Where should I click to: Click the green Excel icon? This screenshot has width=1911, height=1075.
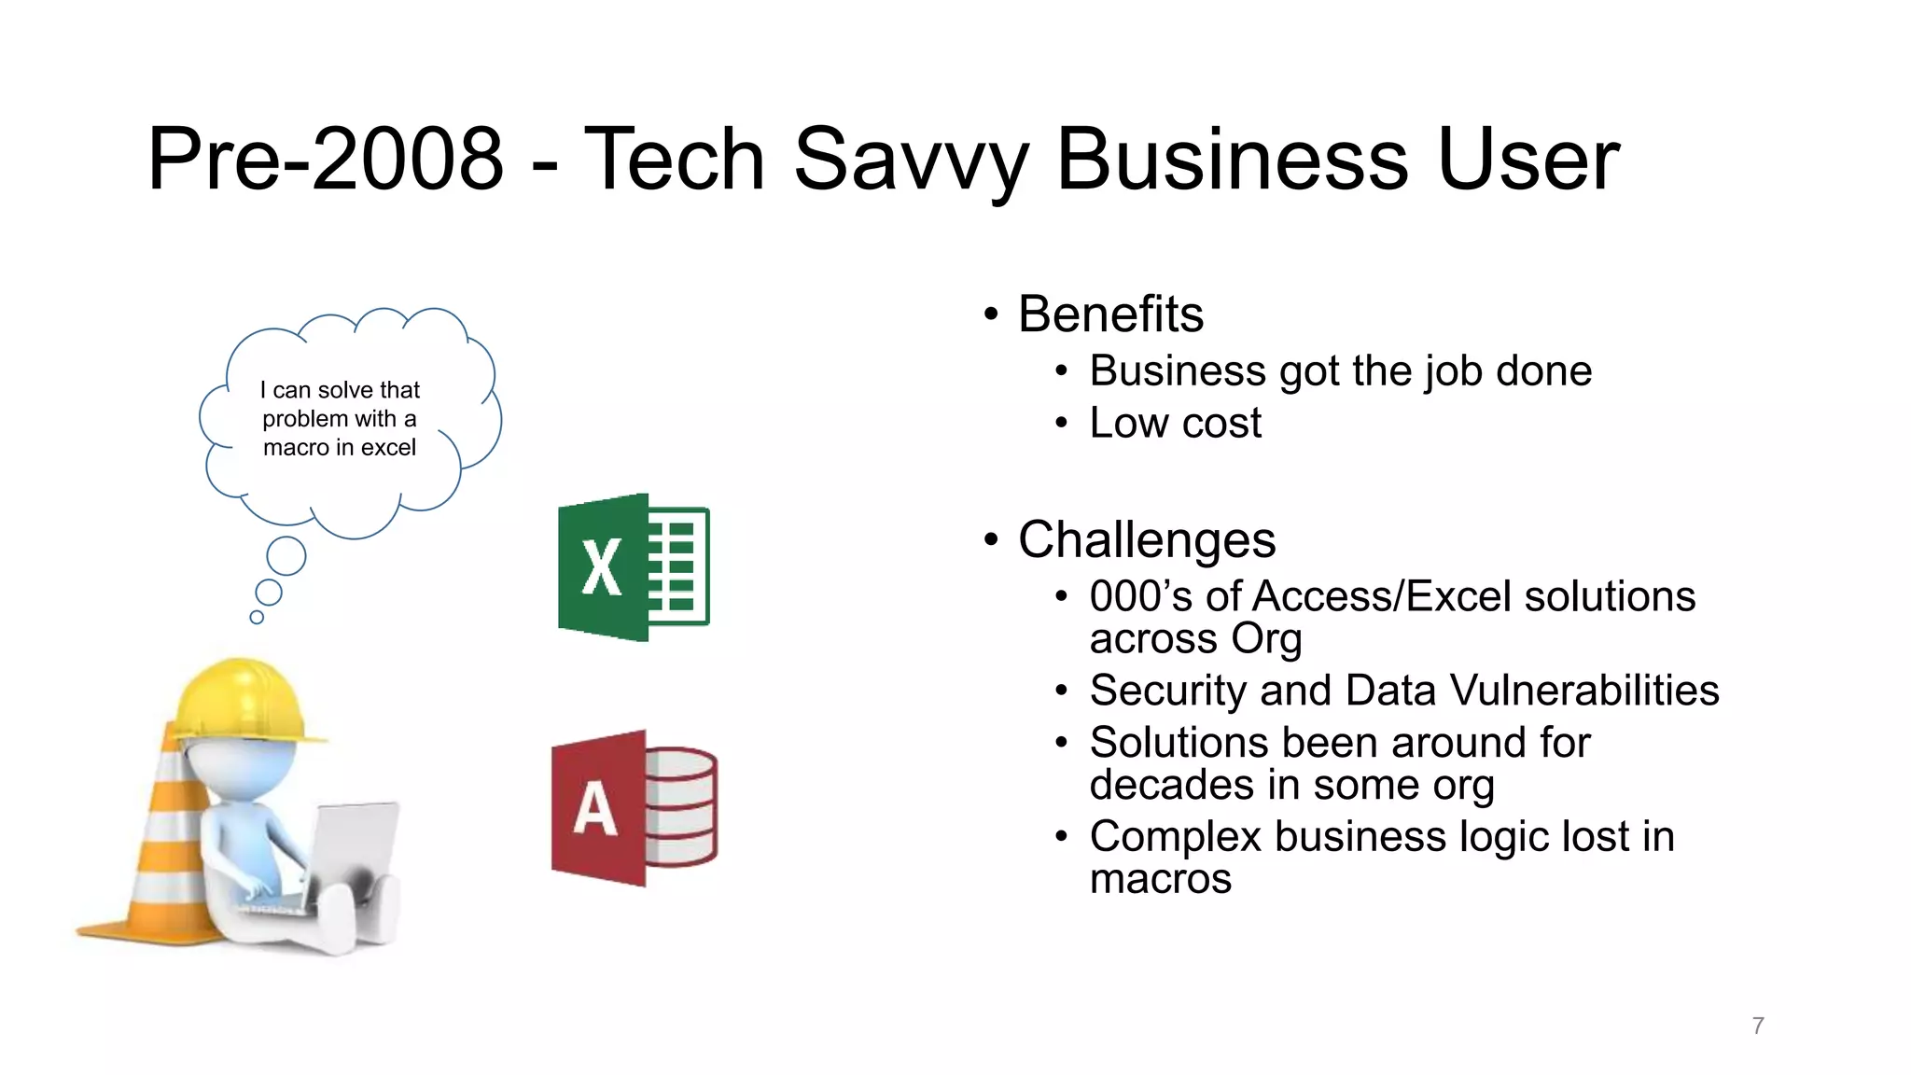pos(633,567)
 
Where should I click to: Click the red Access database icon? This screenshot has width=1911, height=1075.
pos(634,808)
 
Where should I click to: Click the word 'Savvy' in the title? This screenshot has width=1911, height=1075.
pos(910,161)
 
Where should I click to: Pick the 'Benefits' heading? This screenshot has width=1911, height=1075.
pos(1110,314)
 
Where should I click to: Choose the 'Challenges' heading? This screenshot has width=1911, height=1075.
pos(1147,540)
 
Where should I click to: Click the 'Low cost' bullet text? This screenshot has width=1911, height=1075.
pos(1175,424)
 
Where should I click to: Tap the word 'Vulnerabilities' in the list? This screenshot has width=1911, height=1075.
pos(1584,691)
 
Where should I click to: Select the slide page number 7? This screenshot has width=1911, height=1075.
pos(1758,1026)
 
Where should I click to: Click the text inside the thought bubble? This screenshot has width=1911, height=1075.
pos(340,419)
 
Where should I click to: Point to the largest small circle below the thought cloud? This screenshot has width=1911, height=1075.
pos(286,556)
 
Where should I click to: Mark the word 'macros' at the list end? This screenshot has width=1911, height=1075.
pos(1160,879)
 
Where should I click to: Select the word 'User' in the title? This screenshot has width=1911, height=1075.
pos(1527,161)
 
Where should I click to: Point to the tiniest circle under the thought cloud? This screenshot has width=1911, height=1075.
pos(257,617)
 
